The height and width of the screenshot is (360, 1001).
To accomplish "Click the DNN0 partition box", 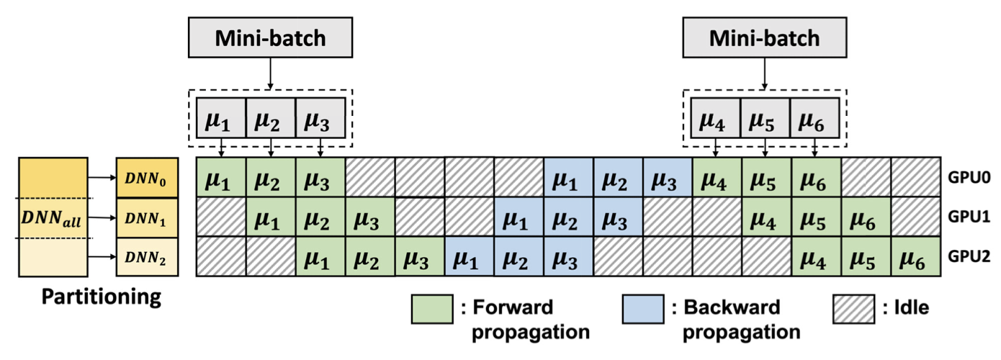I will click(146, 177).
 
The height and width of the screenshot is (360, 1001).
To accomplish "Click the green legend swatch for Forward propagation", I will click(430, 308).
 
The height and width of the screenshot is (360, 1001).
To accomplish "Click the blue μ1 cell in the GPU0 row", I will click(568, 177).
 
